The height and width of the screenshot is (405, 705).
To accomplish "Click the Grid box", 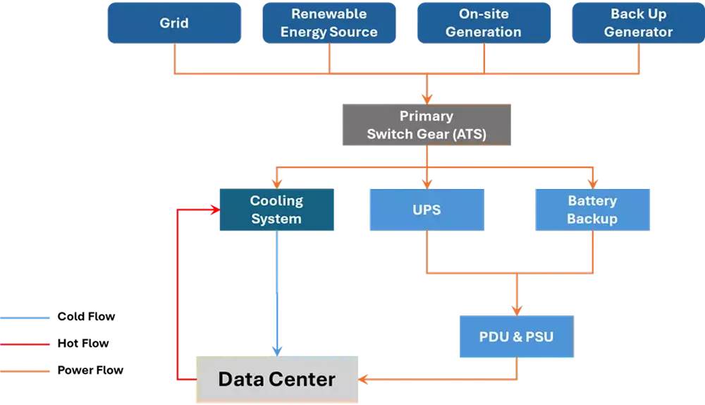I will point(174,23).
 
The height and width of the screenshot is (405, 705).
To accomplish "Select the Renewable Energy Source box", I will point(329,23).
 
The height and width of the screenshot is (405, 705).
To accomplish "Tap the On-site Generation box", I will point(484,23).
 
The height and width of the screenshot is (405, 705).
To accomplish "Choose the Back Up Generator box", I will point(638,23).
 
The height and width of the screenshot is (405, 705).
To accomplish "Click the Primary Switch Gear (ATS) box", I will point(426,125).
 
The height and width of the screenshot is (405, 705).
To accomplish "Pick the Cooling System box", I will point(276,210).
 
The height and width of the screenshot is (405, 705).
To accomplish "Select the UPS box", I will point(427,210).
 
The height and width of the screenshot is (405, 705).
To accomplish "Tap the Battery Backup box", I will point(592,210).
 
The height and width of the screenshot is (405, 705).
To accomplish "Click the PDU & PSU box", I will point(516,337).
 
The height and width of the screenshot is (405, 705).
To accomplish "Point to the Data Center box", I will point(276,380).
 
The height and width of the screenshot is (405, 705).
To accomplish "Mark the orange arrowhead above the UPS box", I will point(426,183).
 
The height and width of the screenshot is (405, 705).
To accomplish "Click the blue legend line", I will point(25,319).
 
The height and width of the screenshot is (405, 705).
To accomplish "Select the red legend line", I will point(25,344).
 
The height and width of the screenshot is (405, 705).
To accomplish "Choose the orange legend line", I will point(25,369).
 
